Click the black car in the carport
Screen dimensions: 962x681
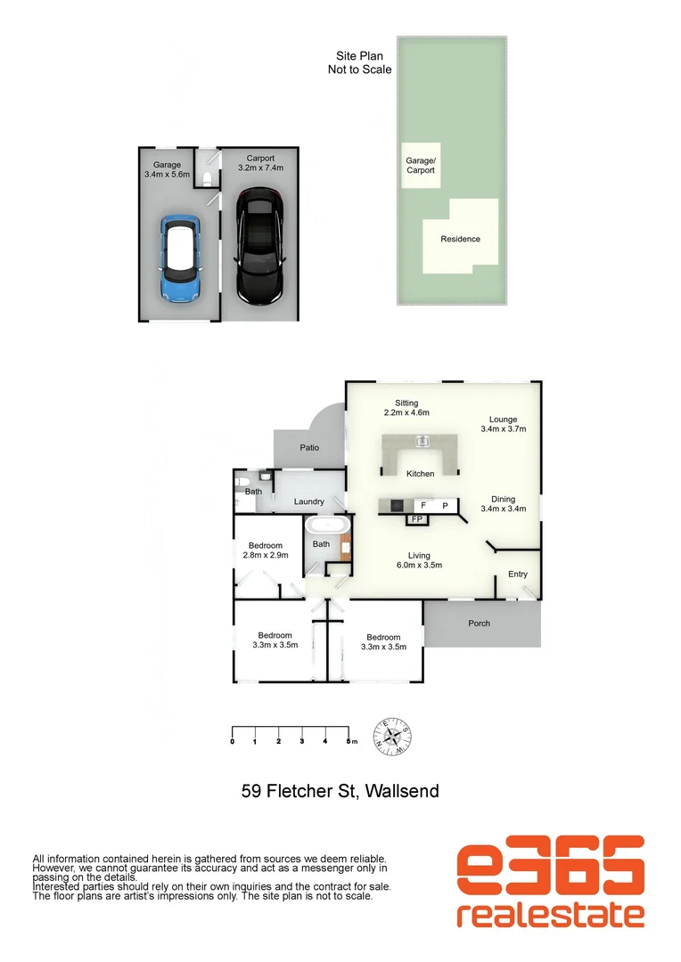tap(260, 246)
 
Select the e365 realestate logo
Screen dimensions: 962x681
tap(550, 882)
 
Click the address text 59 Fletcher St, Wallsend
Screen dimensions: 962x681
tap(340, 790)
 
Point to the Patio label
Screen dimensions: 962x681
tap(308, 447)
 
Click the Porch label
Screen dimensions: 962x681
tap(480, 624)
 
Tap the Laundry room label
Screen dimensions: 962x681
tap(308, 502)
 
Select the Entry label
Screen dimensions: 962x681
tap(518, 575)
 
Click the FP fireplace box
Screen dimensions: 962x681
tap(416, 518)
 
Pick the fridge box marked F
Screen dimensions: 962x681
tap(423, 505)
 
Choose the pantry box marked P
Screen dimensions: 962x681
tap(444, 505)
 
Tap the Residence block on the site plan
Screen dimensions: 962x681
tap(460, 239)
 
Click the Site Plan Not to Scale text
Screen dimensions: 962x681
tap(360, 62)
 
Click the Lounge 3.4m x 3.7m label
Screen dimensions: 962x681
tap(503, 424)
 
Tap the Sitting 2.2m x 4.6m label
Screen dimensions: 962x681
tap(406, 408)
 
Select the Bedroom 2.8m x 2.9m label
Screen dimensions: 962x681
tap(266, 550)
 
